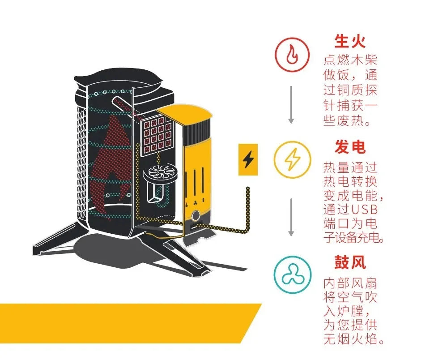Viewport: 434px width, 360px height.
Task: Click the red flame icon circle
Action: [x=292, y=55]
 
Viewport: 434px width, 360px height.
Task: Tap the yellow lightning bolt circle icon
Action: [x=292, y=160]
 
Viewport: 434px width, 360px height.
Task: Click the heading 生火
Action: [x=350, y=41]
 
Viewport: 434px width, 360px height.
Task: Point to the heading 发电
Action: [x=350, y=147]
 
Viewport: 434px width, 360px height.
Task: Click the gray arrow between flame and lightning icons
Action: [x=291, y=105]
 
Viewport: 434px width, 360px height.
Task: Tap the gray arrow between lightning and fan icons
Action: [x=291, y=217]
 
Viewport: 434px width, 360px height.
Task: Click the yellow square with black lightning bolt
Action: [x=248, y=160]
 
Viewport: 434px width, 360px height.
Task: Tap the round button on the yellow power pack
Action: [x=196, y=216]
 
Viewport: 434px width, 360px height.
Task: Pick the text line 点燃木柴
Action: [x=350, y=60]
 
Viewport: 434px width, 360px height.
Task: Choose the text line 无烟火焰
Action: [x=353, y=339]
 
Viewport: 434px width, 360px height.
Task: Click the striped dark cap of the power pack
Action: [x=196, y=131]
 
